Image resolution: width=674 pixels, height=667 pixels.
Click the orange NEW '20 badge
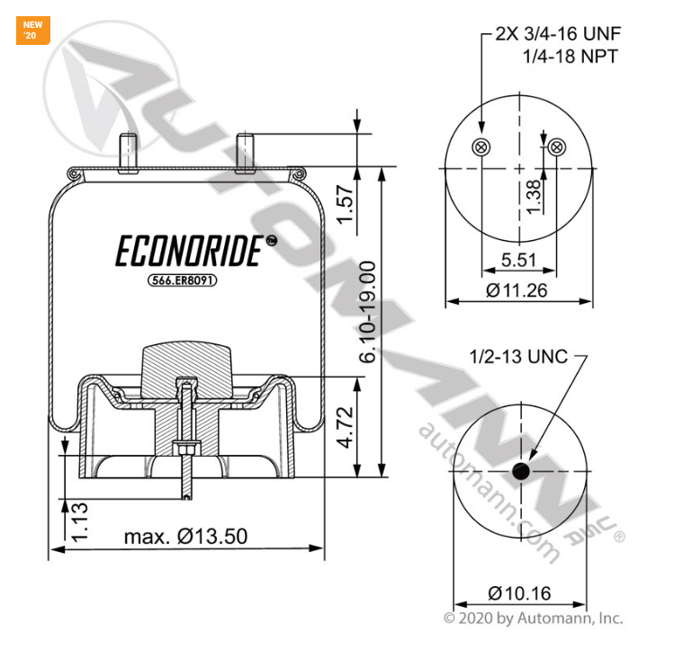coord(33,30)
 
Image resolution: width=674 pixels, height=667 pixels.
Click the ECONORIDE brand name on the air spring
coord(190,253)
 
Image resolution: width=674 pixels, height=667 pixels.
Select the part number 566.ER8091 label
coord(184,280)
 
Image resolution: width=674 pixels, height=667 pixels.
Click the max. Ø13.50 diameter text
coord(185,537)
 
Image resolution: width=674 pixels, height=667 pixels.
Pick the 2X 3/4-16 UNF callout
coord(558,35)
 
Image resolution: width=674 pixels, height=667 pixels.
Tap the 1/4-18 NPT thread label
coord(571,57)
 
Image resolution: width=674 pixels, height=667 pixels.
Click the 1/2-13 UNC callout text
coord(517,357)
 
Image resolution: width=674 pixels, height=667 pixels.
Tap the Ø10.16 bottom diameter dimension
coord(519,593)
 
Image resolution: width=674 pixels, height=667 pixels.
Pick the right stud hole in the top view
coord(558,147)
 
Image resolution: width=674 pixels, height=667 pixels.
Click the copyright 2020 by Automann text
coord(533,618)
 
